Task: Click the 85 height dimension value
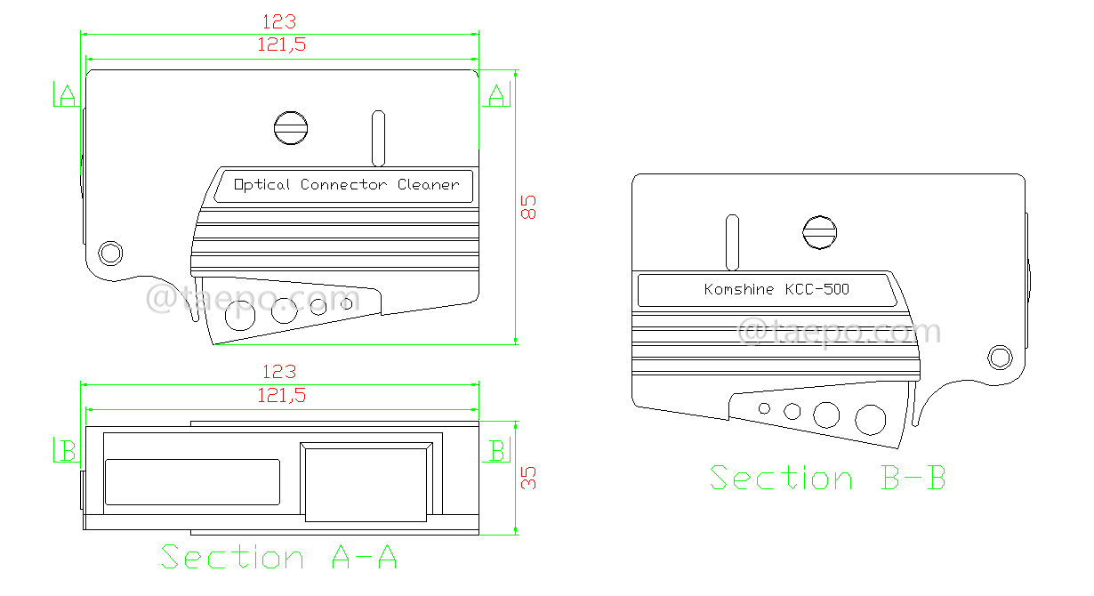point(528,207)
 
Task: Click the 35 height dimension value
point(528,478)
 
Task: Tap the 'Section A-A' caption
point(278,558)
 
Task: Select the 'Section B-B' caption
point(827,478)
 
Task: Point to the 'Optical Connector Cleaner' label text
point(346,185)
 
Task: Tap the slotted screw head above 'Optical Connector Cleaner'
point(291,128)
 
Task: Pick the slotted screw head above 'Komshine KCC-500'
point(820,233)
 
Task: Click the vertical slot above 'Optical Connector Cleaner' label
point(378,139)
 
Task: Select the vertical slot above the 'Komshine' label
point(733,243)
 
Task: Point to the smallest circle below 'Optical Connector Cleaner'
point(347,304)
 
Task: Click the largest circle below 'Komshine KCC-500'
point(870,419)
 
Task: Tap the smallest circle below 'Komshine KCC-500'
point(764,408)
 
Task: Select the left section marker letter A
point(66,94)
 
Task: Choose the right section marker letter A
point(496,93)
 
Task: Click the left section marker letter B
point(67,450)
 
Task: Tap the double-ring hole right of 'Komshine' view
point(1000,358)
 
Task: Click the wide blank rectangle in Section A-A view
point(193,482)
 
